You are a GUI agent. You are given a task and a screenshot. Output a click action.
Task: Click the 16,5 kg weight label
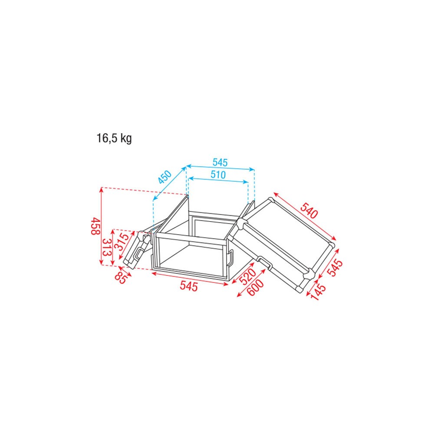pyautogui.click(x=114, y=138)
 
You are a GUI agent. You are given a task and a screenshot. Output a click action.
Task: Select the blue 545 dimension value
pyautogui.click(x=220, y=162)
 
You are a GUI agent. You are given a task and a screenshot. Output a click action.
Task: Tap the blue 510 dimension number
pyautogui.click(x=218, y=174)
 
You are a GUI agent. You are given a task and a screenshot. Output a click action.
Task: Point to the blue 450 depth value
pyautogui.click(x=165, y=178)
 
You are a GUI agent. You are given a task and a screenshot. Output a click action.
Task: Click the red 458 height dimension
pyautogui.click(x=95, y=226)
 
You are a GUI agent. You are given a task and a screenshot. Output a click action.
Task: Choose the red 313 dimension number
pyautogui.click(x=107, y=247)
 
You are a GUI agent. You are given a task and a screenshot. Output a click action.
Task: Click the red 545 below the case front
pyautogui.click(x=189, y=286)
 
